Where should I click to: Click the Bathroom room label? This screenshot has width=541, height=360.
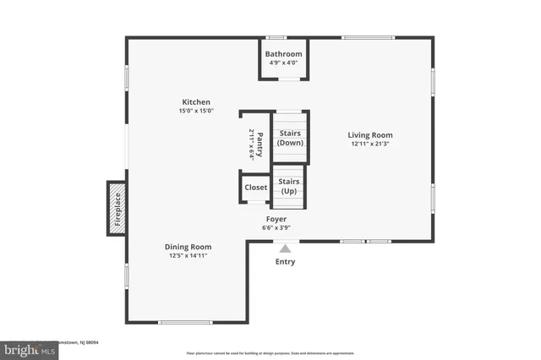coord(282,54)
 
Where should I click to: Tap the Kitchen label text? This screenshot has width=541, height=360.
coord(196,101)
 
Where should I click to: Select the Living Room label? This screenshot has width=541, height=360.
coord(370,134)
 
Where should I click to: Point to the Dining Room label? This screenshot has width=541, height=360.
coord(188,246)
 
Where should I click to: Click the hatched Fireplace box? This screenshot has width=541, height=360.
coord(116,208)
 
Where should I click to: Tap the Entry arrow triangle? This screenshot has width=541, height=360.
coord(285,248)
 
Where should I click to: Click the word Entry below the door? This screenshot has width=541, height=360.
coord(285,262)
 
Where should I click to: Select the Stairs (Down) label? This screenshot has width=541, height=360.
coord(290,138)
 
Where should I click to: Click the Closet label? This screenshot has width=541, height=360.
coord(255,188)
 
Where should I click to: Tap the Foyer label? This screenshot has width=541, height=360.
coord(276,218)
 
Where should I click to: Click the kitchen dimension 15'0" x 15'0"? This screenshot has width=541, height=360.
coord(196,111)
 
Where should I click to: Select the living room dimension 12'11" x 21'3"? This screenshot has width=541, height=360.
coord(370,144)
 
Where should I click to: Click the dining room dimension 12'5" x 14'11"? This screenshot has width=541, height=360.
coord(188,255)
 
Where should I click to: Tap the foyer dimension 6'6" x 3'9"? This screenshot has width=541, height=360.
coord(276,227)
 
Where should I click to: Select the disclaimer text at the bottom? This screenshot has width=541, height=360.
coord(270,352)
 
